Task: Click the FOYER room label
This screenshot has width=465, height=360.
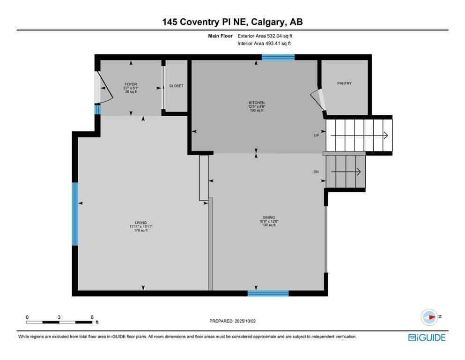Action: [131, 84]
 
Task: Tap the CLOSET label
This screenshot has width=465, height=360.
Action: [177, 86]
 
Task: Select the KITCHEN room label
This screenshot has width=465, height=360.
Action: [257, 103]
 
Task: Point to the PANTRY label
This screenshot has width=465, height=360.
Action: [344, 83]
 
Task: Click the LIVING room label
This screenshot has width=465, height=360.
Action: [141, 223]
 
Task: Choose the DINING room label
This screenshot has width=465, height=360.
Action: [268, 217]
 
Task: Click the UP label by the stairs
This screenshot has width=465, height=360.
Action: [317, 135]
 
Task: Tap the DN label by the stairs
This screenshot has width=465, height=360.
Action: [316, 172]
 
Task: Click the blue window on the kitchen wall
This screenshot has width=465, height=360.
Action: [278, 57]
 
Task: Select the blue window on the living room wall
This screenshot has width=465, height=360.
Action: [74, 214]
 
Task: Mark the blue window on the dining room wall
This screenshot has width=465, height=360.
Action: [268, 293]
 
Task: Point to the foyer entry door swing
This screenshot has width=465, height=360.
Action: [104, 89]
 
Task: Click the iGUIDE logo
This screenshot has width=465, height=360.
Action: [427, 337]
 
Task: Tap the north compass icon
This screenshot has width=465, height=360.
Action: [428, 317]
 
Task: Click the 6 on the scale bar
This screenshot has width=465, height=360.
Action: [92, 317]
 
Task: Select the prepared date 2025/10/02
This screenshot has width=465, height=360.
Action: [232, 321]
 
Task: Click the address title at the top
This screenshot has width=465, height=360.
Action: [232, 22]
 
